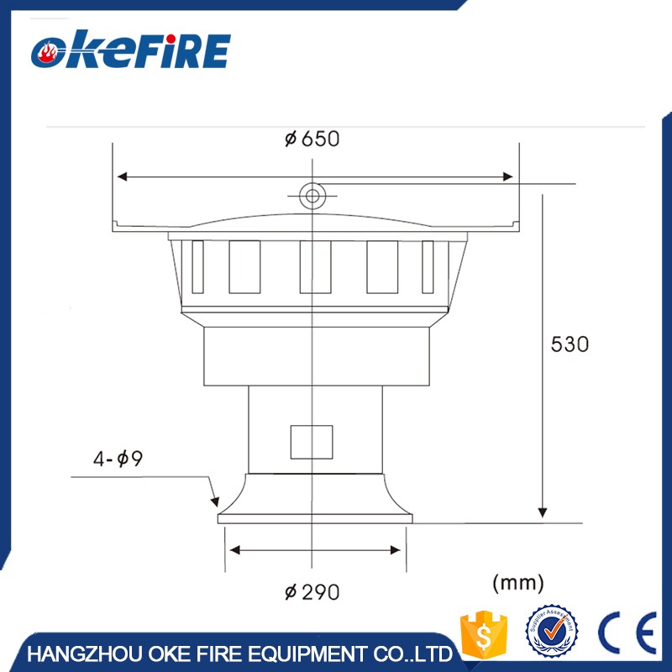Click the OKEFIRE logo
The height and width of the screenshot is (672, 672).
click(130, 51)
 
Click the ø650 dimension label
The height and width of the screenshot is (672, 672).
click(312, 139)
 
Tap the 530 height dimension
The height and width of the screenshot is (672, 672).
click(570, 344)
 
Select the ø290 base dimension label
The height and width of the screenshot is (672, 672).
click(312, 592)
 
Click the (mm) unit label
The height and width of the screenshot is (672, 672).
click(517, 581)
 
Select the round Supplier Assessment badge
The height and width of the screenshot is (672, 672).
click(551, 633)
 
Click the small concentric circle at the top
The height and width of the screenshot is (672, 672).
click(312, 196)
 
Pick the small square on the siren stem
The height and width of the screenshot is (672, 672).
click(312, 442)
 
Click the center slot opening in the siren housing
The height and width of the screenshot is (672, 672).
click(315, 266)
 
